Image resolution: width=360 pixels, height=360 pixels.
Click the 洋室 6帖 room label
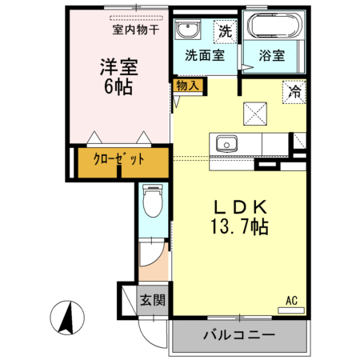coord(118,77)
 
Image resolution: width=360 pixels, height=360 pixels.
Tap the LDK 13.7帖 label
coord(240,217)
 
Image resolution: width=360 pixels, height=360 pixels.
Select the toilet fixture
coord(153,201)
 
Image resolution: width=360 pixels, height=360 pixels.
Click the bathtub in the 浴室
coord(275,26)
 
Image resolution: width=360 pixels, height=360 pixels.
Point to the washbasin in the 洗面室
coord(188,30)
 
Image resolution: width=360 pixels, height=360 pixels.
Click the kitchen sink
coord(226,143)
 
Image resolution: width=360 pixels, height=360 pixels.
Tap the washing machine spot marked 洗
coord(226,32)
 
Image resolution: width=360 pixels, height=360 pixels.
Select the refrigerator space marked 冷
coord(294,92)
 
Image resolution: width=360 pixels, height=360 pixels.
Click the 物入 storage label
coord(187,86)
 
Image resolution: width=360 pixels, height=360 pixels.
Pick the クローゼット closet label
coord(119,159)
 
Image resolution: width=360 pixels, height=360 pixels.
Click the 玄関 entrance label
coord(153,300)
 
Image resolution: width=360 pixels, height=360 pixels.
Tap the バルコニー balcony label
coord(239,334)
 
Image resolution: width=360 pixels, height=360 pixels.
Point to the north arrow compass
coord(67,318)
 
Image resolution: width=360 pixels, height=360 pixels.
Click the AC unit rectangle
coord(291,310)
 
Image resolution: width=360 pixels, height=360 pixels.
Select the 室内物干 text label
coord(136,30)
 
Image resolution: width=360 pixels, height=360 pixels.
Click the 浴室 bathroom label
coord(272,55)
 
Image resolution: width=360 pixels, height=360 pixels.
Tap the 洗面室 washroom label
coord(205,55)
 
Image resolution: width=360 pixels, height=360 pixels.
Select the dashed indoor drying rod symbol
coord(136,18)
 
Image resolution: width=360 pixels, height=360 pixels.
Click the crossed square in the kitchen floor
coord(255,114)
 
